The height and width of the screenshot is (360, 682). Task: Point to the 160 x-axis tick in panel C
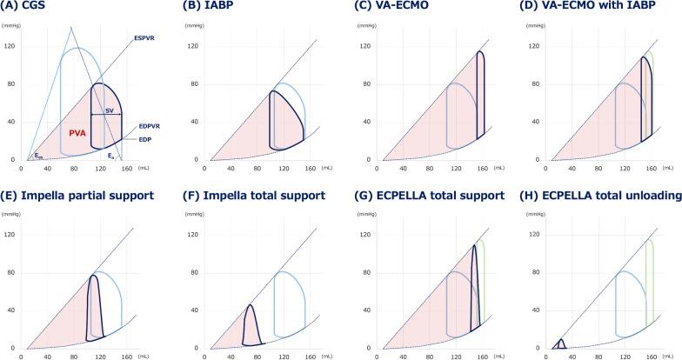coord(481,168)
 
